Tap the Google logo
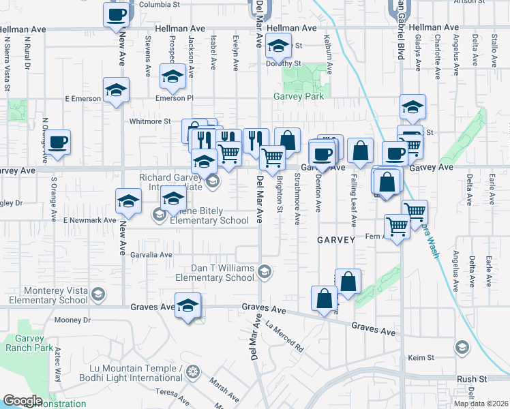(22, 401)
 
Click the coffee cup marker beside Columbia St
(117, 15)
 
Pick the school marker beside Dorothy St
(278, 46)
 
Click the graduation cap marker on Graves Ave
(187, 306)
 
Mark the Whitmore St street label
(150, 121)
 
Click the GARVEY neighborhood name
(335, 240)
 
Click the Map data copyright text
(481, 404)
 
